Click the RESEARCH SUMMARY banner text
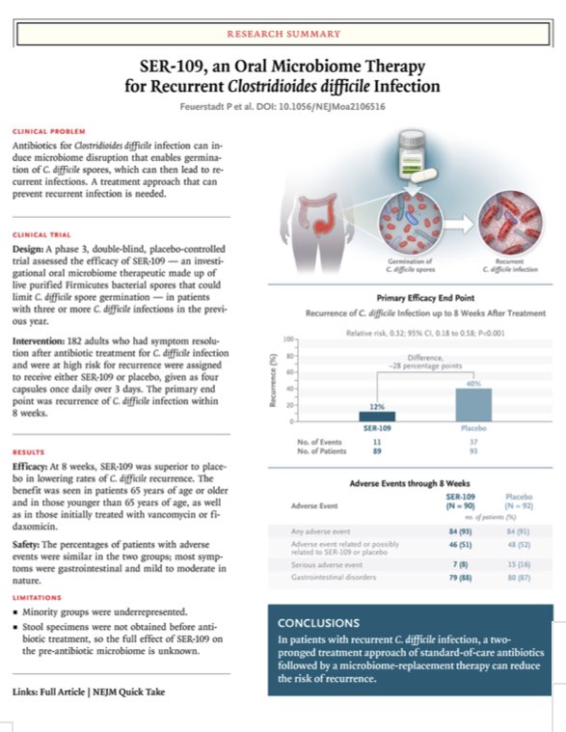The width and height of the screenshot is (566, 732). pyautogui.click(x=283, y=33)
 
